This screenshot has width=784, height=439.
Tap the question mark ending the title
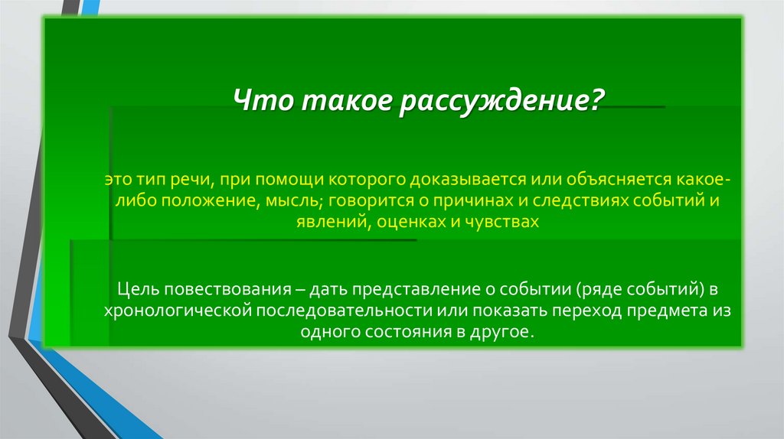click(596, 100)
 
